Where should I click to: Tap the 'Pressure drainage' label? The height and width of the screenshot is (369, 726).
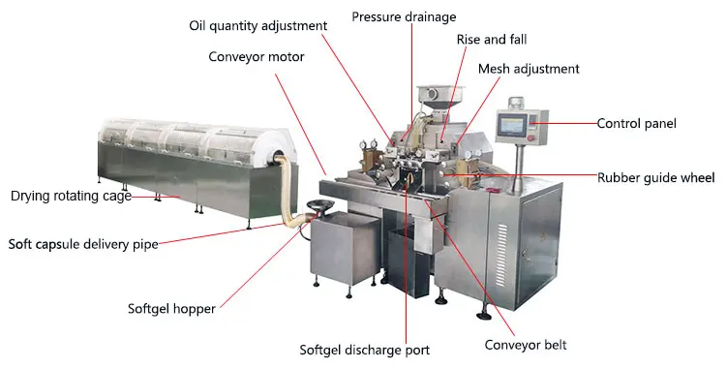click(404, 16)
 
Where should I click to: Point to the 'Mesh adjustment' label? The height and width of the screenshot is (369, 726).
click(529, 69)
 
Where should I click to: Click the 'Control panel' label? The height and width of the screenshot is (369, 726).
click(636, 123)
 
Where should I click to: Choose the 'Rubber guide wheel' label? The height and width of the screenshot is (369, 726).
click(655, 177)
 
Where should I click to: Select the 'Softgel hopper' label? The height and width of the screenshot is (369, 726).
click(171, 310)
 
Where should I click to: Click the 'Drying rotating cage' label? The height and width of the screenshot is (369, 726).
click(72, 196)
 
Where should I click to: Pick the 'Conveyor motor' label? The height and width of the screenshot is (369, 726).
click(257, 56)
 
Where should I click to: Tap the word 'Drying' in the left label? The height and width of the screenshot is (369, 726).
click(31, 196)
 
